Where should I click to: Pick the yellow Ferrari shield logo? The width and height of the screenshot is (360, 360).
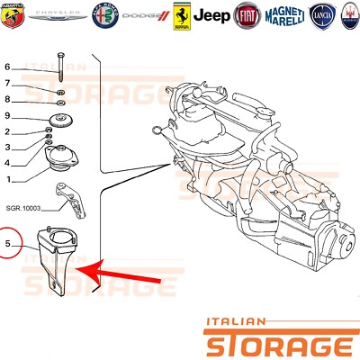click(184, 15)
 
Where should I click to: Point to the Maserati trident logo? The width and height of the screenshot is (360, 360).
click(346, 15)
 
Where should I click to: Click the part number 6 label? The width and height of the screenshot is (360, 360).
click(7, 67)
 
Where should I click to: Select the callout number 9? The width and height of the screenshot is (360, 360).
click(7, 116)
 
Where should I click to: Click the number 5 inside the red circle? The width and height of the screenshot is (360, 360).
click(8, 243)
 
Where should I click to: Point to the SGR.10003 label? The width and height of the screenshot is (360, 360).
click(24, 208)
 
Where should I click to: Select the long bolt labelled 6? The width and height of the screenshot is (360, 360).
click(59, 70)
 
